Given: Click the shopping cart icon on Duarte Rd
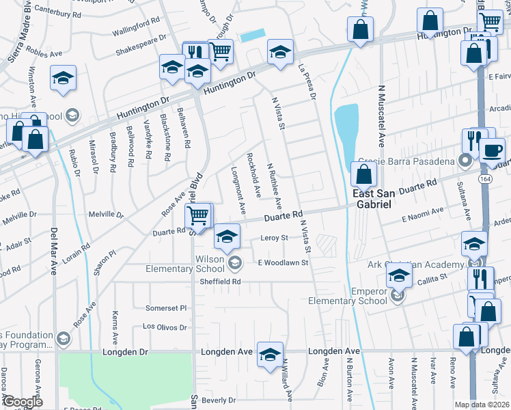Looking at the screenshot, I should point(198,217).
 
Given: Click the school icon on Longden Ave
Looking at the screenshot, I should point(271,353).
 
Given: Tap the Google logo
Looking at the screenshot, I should point(23,402).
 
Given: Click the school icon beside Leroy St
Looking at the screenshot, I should point(227,236).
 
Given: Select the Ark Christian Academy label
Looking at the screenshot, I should point(425,264).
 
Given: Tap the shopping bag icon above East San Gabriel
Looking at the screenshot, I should point(363,175).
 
